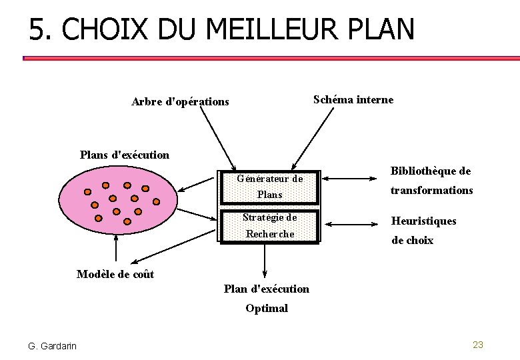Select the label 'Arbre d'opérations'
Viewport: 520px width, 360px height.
(180, 102)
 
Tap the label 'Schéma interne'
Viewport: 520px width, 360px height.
(353, 100)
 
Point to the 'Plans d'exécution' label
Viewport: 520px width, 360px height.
(125, 155)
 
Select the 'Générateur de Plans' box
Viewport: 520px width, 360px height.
(270, 187)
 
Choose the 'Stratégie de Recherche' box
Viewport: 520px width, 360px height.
(270, 225)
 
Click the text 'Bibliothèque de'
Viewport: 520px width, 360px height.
(431, 171)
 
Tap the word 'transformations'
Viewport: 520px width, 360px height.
(432, 191)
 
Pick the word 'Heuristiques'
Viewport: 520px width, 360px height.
(424, 221)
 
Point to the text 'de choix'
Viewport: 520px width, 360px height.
(412, 241)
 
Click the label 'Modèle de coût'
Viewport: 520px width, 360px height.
(115, 274)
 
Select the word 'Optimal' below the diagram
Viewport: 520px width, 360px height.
(267, 308)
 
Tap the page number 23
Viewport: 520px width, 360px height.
(477, 345)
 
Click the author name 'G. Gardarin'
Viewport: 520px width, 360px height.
(52, 345)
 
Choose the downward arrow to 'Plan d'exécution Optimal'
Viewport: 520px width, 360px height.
(265, 261)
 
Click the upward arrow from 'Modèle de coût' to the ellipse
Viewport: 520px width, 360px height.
(117, 250)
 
